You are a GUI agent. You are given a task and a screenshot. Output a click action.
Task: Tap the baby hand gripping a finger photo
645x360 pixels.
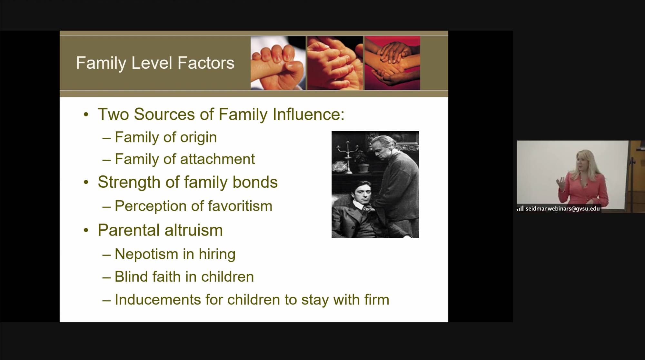[x=278, y=63]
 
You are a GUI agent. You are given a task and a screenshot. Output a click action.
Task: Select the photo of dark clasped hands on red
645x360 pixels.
[x=392, y=63]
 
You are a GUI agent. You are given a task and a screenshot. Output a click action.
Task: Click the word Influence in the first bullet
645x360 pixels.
[x=308, y=114]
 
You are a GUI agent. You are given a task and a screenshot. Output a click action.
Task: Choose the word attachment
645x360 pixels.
[x=217, y=159]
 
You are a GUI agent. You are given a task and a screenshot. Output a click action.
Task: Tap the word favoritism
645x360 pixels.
[x=240, y=206]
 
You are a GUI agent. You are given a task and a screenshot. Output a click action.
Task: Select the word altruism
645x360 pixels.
[x=194, y=230]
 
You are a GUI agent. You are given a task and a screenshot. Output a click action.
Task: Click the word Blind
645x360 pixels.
[x=131, y=276]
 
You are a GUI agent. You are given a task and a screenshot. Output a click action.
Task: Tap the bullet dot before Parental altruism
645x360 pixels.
[x=86, y=230]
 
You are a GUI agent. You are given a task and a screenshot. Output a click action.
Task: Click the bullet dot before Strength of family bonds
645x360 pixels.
[x=86, y=182]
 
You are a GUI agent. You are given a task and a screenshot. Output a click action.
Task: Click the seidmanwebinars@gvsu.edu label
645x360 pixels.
[x=563, y=209]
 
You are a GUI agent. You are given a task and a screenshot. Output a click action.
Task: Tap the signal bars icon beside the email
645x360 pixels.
[x=520, y=208]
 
